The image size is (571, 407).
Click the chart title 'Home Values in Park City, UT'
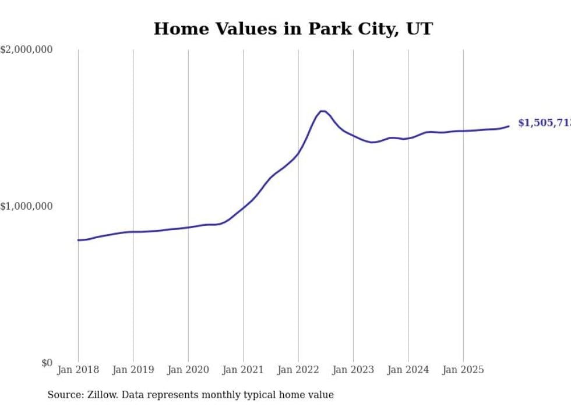pos(293,29)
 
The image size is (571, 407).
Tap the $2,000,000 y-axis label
pos(26,50)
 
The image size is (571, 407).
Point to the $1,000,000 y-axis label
pos(26,206)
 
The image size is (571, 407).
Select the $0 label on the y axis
pos(47,363)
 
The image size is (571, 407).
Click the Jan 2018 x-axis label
pos(78,370)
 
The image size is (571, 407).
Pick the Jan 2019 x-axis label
pos(133,370)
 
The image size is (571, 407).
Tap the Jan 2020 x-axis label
pos(188,370)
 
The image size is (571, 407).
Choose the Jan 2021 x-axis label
pos(243,370)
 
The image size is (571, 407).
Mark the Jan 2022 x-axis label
pos(298,370)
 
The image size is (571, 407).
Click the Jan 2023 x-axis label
pos(353,370)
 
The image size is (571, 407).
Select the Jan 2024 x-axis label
pos(408,370)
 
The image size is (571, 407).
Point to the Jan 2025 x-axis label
pos(463,370)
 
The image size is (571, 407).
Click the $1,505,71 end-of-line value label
pos(544,123)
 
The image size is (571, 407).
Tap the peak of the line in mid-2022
pos(322,111)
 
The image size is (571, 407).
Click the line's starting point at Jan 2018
pos(78,240)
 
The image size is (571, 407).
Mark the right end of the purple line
pos(509,126)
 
